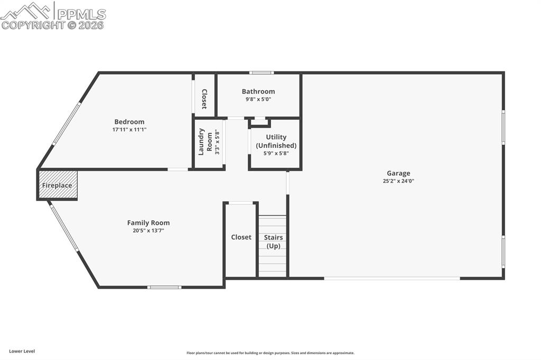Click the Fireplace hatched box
(x=58, y=185)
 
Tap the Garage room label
(x=398, y=173)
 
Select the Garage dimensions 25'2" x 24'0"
(x=398, y=181)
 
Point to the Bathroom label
(x=258, y=91)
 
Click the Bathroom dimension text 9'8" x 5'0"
(x=258, y=99)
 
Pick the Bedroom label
(x=129, y=122)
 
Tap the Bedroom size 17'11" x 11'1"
(x=129, y=130)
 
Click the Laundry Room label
(x=206, y=141)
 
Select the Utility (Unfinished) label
(x=276, y=141)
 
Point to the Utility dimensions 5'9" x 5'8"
(x=276, y=154)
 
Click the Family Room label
(x=148, y=223)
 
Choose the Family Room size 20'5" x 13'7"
(x=148, y=230)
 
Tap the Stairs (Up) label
(x=273, y=241)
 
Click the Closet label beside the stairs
(x=241, y=237)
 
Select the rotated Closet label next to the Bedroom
(x=204, y=99)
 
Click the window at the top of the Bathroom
(x=262, y=73)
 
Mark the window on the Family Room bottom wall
(x=164, y=287)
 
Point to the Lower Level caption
(x=22, y=352)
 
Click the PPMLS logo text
(x=81, y=14)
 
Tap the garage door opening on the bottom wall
(x=392, y=278)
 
